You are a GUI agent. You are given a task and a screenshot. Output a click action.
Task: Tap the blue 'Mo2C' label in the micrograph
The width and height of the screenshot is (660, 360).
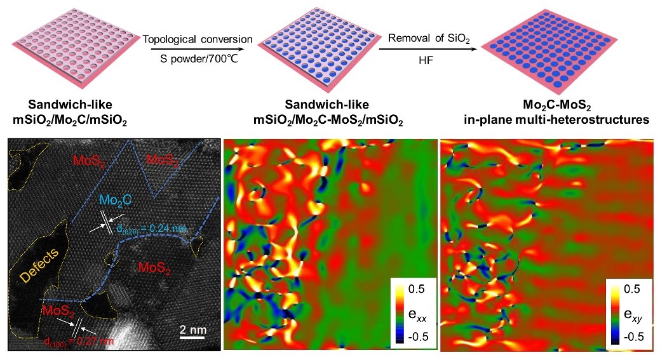coord(115,201)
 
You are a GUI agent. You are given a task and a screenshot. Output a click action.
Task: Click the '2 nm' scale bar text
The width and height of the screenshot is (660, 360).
coord(191,329)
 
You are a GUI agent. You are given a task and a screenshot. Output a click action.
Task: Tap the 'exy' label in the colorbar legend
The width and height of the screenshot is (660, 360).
coord(635,311)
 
